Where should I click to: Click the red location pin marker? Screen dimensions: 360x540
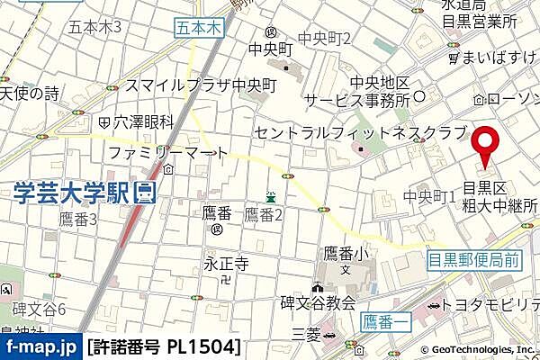pyautogui.click(x=487, y=145)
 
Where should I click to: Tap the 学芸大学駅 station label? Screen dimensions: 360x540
pyautogui.click(x=72, y=191)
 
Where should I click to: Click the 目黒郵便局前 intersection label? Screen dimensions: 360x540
pyautogui.click(x=472, y=262)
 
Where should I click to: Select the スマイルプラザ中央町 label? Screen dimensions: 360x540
pyautogui.click(x=201, y=85)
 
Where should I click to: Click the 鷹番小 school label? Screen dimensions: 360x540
pyautogui.click(x=346, y=254)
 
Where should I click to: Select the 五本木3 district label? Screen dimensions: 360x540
pyautogui.click(x=94, y=27)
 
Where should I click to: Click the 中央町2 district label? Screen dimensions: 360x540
pyautogui.click(x=325, y=38)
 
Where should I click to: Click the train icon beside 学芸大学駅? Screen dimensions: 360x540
pyautogui.click(x=144, y=191)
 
